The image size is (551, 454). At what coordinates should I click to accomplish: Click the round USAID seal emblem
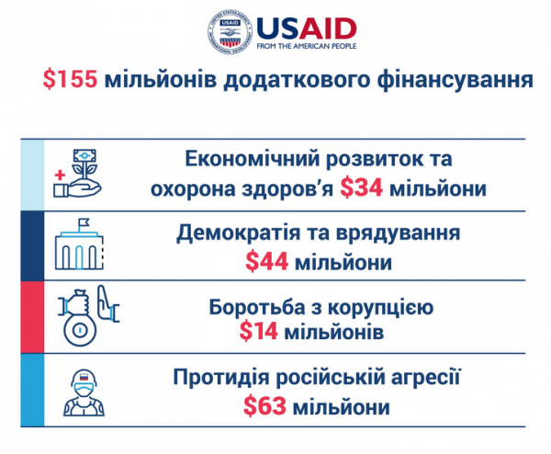pyautogui.click(x=231, y=32)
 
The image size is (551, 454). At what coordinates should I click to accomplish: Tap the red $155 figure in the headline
pyautogui.click(x=70, y=79)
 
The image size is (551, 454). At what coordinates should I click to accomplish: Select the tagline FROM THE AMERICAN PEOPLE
pyautogui.click(x=307, y=46)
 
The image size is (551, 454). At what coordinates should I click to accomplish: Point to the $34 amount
pyautogui.click(x=361, y=187)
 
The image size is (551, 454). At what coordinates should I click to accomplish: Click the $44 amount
pyautogui.click(x=266, y=262)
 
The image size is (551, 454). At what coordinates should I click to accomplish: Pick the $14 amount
pyautogui.click(x=259, y=331)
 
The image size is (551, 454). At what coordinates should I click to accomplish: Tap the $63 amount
pyautogui.click(x=264, y=406)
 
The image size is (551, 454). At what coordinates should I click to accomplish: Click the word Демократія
pyautogui.click(x=238, y=233)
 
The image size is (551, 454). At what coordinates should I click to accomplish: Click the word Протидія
pyautogui.click(x=222, y=377)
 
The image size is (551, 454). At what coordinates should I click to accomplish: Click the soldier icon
pyautogui.click(x=84, y=392)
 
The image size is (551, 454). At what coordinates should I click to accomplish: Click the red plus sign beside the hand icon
pyautogui.click(x=60, y=175)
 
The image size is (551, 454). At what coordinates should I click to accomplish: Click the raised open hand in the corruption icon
pyautogui.click(x=107, y=302)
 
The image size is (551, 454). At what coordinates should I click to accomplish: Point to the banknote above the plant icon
pyautogui.click(x=84, y=156)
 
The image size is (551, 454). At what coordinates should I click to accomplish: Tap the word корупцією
pyautogui.click(x=381, y=308)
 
